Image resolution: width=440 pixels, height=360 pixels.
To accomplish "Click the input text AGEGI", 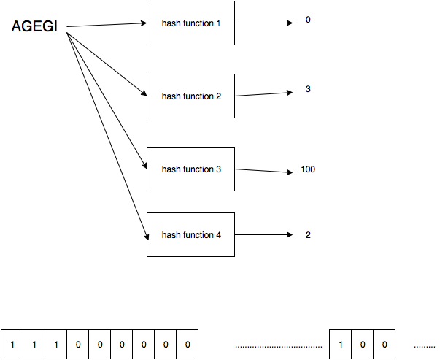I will coord(35,27).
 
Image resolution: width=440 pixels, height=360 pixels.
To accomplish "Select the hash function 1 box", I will coord(190,23).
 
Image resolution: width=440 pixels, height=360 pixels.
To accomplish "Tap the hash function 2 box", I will coord(190,96).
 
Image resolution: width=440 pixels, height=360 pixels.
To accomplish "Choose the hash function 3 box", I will coord(190,169).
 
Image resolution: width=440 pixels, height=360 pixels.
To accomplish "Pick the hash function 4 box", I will coord(190,234).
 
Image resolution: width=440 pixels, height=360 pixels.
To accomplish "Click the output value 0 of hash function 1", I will coord(308,20).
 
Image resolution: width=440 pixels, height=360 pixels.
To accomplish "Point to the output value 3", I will coord(308,89).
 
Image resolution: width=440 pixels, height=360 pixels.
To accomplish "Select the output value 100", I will coord(307,169).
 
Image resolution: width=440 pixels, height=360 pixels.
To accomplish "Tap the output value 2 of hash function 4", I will coord(308,235).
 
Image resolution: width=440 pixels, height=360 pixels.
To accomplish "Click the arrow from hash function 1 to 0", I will coord(263,22).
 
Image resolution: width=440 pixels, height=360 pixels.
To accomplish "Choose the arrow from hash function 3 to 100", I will coord(263,171).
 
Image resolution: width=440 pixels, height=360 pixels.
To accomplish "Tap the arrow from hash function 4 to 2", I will coord(263,235).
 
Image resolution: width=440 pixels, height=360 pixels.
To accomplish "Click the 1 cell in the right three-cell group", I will coord(341,344).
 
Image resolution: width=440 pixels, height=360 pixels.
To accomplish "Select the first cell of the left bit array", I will coord(12,344).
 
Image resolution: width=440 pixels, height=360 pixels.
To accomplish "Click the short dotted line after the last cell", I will coord(424,345).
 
